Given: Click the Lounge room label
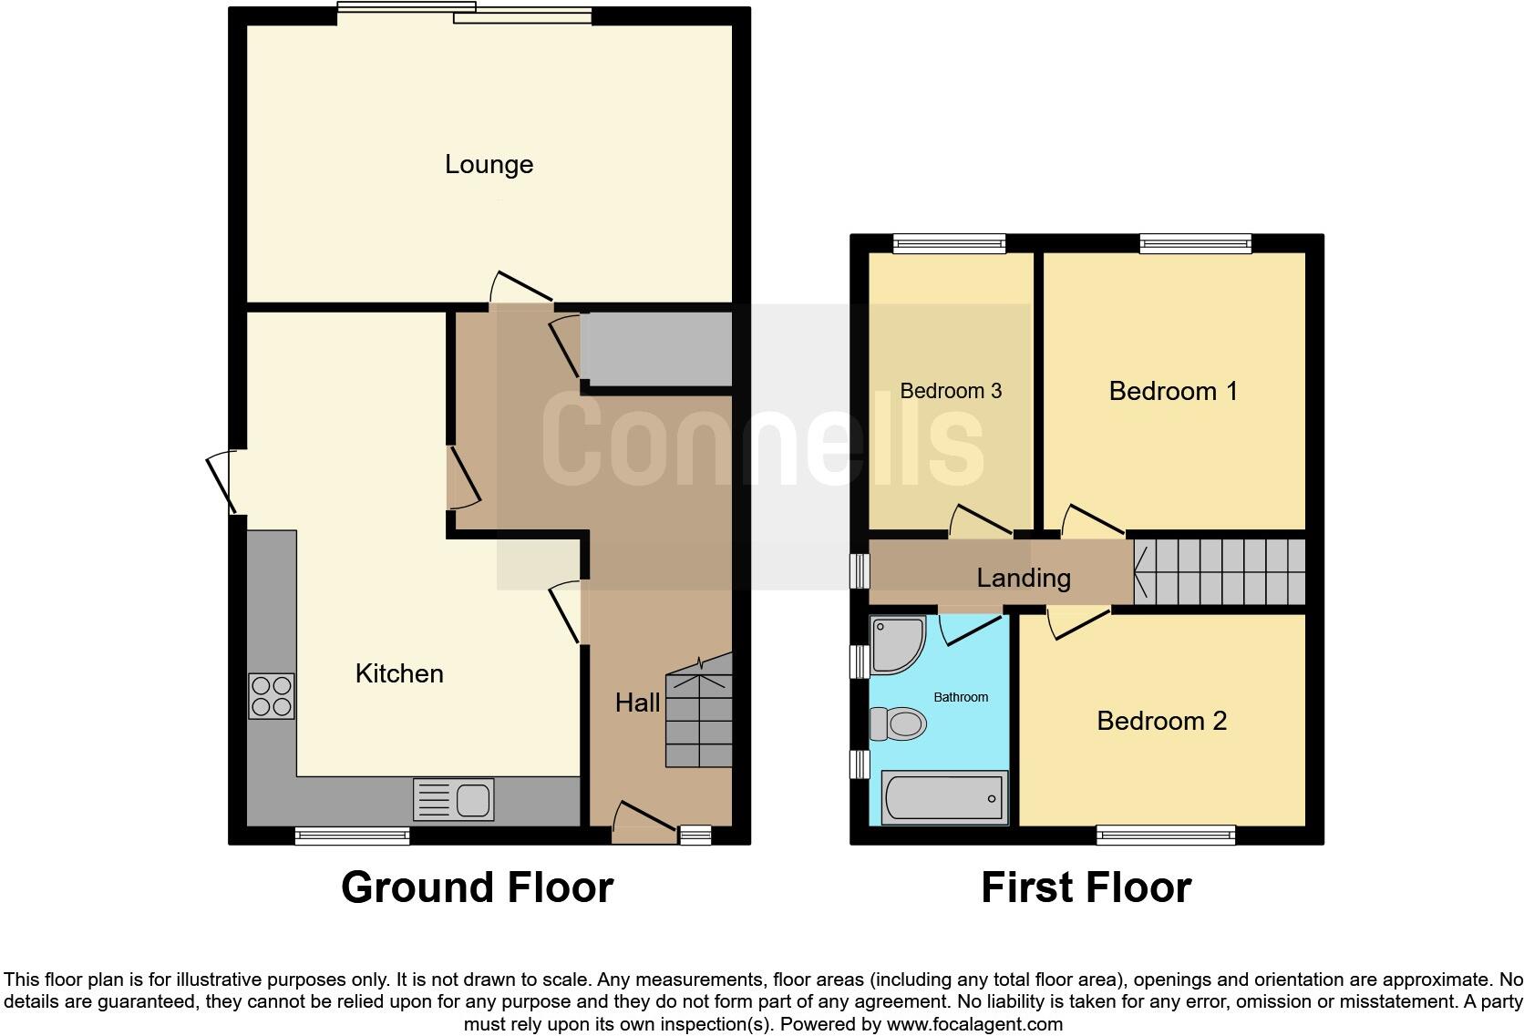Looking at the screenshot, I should pyautogui.click(x=489, y=165).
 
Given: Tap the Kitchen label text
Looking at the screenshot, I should pyautogui.click(x=399, y=673).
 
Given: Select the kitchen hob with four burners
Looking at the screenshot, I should pyautogui.click(x=272, y=696).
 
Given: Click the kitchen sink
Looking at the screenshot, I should pyautogui.click(x=454, y=800).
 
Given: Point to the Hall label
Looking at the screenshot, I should pyautogui.click(x=637, y=703).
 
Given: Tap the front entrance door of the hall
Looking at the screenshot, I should pyautogui.click(x=644, y=819).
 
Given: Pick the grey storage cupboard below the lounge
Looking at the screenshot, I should pyautogui.click(x=656, y=349).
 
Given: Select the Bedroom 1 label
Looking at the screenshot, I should pyautogui.click(x=1173, y=392).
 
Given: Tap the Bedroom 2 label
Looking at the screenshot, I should pyautogui.click(x=1161, y=722).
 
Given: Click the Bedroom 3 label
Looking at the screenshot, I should pyautogui.click(x=951, y=392).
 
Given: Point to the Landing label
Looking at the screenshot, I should pyautogui.click(x=1024, y=578).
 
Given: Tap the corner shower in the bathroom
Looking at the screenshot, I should pyautogui.click(x=896, y=644).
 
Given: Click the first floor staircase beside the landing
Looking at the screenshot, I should pyautogui.click(x=1220, y=572).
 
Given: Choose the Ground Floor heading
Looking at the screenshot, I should pyautogui.click(x=477, y=887).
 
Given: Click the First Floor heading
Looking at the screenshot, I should pyautogui.click(x=1086, y=887).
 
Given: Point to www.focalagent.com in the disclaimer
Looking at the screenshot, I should pyautogui.click(x=973, y=1024).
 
